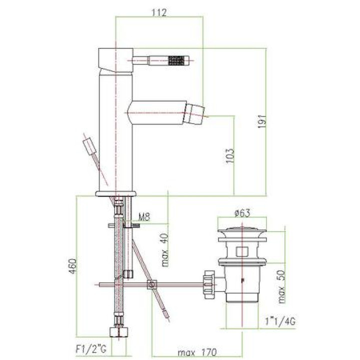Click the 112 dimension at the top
pyautogui.click(x=159, y=12)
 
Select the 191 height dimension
pyautogui.click(x=262, y=121)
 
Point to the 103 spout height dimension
pyautogui.click(x=230, y=156)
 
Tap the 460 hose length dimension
pyautogui.click(x=72, y=266)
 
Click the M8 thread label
pyautogui.click(x=144, y=216)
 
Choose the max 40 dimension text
pyautogui.click(x=165, y=250)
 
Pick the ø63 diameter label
pyautogui.click(x=242, y=213)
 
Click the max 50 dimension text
pyautogui.click(x=281, y=286)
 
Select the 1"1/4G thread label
pyautogui.click(x=280, y=321)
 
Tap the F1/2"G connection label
pyautogui.click(x=91, y=349)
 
